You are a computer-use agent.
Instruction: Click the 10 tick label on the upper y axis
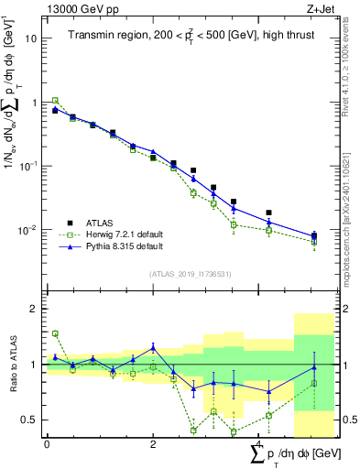31,38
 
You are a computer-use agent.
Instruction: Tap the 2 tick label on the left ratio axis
33,309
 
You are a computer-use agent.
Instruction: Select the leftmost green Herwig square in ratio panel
55,333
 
